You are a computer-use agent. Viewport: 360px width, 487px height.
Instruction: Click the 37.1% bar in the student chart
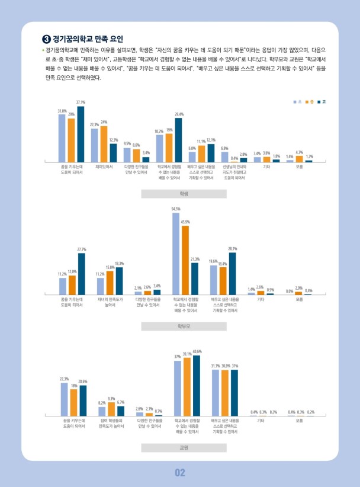[81, 134]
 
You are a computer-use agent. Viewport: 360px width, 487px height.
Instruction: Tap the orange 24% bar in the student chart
[104, 144]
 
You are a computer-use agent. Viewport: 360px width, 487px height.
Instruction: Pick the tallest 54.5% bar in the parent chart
[176, 254]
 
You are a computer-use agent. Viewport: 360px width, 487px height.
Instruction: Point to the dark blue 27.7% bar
[81, 274]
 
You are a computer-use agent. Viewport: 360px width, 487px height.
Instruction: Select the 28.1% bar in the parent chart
[232, 274]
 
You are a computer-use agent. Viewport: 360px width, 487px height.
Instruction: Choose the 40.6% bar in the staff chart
[197, 386]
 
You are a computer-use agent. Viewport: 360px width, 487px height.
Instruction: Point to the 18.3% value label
[119, 263]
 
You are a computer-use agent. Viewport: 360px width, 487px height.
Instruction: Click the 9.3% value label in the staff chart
[111, 398]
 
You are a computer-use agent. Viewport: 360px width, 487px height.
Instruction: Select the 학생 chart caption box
[184, 194]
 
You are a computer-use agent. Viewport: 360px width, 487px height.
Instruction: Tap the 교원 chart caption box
[184, 448]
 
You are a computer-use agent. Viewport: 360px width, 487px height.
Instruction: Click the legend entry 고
[322, 102]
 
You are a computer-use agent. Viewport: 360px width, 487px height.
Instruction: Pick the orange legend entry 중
[310, 102]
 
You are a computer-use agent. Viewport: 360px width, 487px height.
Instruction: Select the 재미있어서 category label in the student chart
[104, 167]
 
